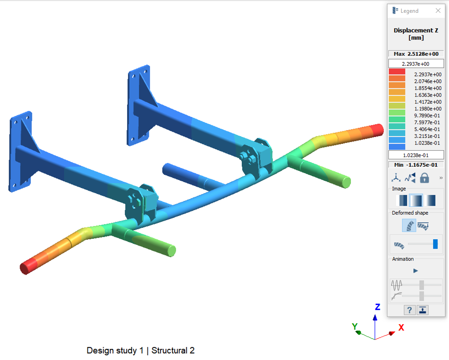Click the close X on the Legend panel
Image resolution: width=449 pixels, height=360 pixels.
438,11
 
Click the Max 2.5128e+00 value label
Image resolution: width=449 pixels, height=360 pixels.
416,54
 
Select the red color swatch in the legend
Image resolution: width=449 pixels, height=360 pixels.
397,72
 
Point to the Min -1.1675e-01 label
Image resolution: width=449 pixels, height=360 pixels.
416,165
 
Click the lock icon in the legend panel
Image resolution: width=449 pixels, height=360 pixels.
424,178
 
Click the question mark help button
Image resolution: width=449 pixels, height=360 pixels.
409,310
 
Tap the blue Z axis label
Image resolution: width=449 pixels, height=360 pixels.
377,307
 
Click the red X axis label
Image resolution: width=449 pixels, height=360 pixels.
401,328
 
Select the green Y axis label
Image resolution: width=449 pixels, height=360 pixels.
354,326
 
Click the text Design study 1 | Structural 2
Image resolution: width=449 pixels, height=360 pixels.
141,351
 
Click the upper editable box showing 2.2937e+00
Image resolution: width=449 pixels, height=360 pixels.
416,64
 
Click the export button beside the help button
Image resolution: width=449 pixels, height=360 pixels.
422,310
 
